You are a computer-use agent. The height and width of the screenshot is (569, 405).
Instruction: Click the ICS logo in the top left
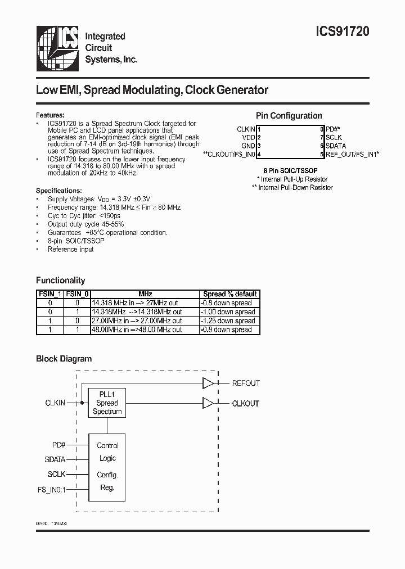(58, 48)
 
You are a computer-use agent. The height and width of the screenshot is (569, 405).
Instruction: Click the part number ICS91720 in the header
(341, 33)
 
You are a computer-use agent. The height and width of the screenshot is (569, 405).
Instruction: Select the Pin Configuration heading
(289, 116)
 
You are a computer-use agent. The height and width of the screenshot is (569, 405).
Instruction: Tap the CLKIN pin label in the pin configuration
(246, 129)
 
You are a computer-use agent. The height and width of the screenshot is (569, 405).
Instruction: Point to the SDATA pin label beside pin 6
(336, 146)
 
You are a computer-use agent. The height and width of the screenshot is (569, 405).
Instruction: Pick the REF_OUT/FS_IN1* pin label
(353, 154)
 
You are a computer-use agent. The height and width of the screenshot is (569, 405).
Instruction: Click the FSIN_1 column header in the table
(49, 293)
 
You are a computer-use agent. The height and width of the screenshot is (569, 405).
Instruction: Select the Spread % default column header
(229, 293)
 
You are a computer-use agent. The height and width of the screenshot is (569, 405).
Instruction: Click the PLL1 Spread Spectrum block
(107, 403)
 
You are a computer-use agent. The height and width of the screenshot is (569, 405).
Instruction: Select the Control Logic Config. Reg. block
(107, 466)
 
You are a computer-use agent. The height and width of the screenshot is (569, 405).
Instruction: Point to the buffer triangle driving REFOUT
(208, 383)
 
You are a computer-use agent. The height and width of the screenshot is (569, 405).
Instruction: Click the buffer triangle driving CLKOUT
(208, 403)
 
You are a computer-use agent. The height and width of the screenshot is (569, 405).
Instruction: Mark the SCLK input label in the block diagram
(56, 475)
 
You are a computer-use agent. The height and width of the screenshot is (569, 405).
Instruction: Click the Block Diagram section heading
(64, 359)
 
